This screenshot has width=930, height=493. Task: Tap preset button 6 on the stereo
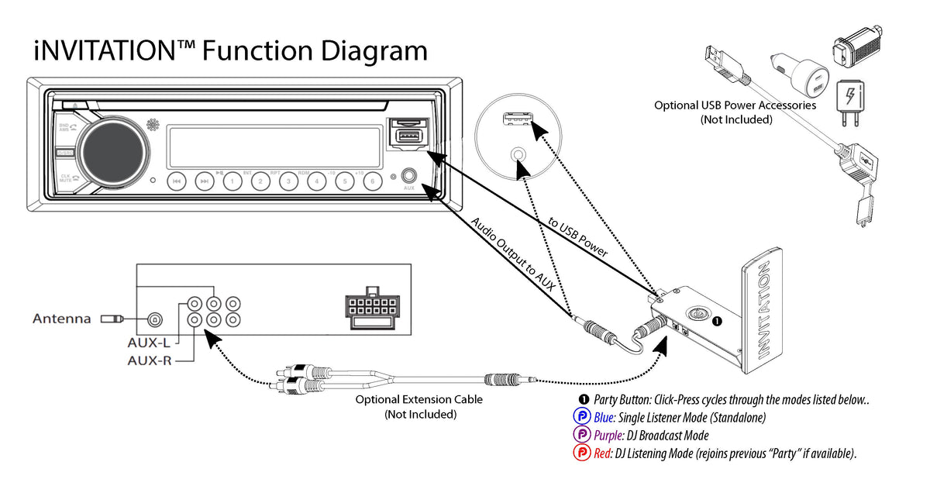[372, 181]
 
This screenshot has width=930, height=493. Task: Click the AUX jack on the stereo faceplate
[409, 178]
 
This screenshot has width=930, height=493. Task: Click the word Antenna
[61, 319]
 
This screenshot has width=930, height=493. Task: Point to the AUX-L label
[149, 342]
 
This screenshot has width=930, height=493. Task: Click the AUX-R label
[150, 360]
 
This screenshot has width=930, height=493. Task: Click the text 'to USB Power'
[577, 237]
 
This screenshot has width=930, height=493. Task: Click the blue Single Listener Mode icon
[581, 418]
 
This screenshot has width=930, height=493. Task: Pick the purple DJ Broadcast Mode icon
[581, 436]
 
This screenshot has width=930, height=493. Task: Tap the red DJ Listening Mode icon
[581, 453]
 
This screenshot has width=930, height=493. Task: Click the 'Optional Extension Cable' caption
[418, 400]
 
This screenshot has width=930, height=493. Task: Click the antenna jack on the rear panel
[154, 319]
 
